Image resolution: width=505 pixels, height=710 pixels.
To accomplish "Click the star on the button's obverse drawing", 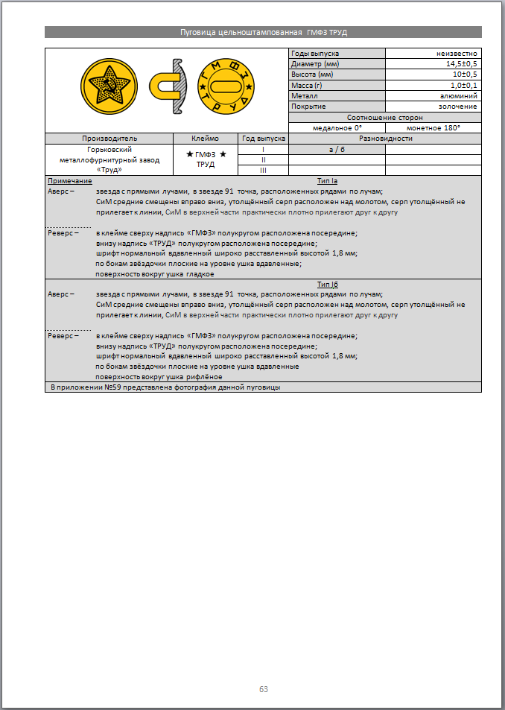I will pos(109,88).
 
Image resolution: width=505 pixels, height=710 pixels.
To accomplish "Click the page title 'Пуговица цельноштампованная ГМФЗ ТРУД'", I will pos(263,32).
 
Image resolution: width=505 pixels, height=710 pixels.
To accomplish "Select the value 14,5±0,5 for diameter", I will pos(462,64).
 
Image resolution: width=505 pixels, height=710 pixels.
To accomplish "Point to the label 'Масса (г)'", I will pos(307,86).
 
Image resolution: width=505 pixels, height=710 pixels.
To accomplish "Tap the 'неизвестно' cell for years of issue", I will pos(457,54).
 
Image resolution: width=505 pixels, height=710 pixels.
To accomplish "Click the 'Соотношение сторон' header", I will pos(385,118).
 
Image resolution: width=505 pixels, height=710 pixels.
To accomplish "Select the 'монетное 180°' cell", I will pos(433,128).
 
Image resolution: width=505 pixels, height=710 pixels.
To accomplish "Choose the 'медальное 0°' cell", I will pos(337,128).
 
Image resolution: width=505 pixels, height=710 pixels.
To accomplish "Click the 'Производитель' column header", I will pos(109,139).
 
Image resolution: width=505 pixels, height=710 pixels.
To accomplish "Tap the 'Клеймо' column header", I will pos(205,139).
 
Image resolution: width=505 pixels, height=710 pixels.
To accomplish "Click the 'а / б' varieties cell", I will pos(337,149).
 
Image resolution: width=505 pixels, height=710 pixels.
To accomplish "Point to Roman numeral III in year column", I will pos(263,171).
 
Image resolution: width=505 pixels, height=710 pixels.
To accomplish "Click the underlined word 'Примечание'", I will pos(70,181).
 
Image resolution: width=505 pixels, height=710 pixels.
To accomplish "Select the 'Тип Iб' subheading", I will pos(328,284).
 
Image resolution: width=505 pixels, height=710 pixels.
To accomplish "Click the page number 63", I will pos(263,689).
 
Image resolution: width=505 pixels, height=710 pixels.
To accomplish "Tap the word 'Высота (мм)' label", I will pos(312,75).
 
